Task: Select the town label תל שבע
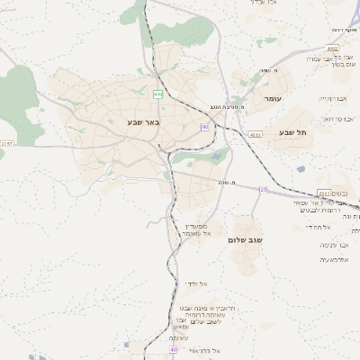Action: click(x=294, y=132)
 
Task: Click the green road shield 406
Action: click(x=158, y=94)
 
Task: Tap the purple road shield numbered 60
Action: click(x=205, y=128)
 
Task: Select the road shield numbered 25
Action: click(x=264, y=190)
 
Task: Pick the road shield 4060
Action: click(x=256, y=134)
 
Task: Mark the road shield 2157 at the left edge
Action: click(x=7, y=143)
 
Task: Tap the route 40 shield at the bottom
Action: click(x=173, y=350)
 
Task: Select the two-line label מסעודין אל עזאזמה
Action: click(x=195, y=229)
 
